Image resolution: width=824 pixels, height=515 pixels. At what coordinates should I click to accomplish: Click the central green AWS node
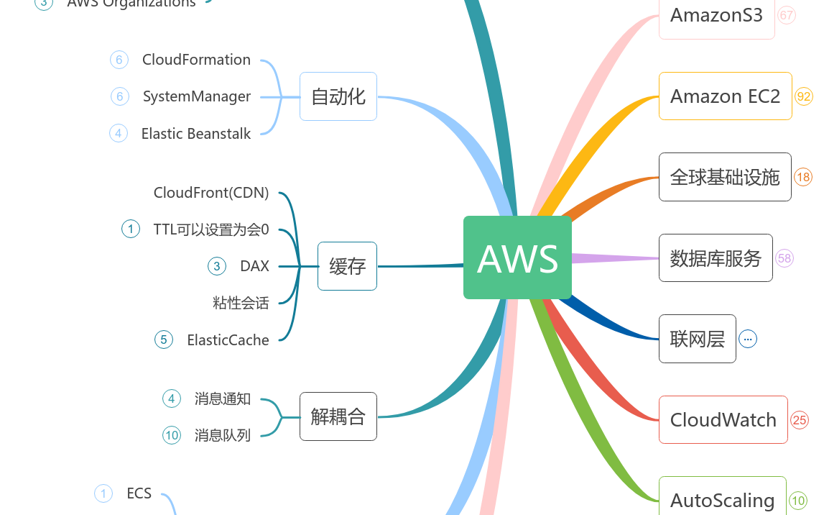click(517, 257)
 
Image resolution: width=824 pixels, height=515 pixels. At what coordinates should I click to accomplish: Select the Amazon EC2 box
click(725, 96)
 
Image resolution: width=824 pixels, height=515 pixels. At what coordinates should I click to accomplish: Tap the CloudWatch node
click(723, 420)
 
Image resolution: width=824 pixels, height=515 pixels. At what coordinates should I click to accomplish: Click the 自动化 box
click(338, 96)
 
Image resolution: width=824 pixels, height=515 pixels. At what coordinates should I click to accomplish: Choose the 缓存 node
click(347, 266)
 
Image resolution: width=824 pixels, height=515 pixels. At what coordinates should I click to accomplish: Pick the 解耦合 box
click(338, 416)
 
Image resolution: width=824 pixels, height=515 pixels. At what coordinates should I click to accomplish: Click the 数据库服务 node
click(716, 258)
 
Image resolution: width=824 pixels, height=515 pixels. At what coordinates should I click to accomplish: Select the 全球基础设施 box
click(725, 177)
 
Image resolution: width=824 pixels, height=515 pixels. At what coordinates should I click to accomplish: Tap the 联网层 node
click(697, 339)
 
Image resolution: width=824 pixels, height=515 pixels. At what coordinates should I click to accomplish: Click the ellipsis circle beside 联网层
click(748, 339)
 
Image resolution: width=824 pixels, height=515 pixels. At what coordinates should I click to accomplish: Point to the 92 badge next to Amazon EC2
click(804, 96)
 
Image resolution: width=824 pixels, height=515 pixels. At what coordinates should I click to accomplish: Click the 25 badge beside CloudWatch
click(800, 420)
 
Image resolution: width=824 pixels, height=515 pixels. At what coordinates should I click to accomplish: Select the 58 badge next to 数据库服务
click(784, 258)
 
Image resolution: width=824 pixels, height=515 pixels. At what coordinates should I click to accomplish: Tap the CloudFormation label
click(196, 60)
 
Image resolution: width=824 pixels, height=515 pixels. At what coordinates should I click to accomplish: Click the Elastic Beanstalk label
click(196, 134)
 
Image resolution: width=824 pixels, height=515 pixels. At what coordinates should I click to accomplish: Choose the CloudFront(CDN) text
click(211, 193)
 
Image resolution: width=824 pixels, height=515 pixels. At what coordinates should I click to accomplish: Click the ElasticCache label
click(228, 340)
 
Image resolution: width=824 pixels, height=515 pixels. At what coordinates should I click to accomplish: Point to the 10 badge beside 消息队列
click(172, 435)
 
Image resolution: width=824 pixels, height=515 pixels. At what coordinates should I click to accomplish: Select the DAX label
click(254, 266)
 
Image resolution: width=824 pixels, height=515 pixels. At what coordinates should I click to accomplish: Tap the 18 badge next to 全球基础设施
click(803, 177)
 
